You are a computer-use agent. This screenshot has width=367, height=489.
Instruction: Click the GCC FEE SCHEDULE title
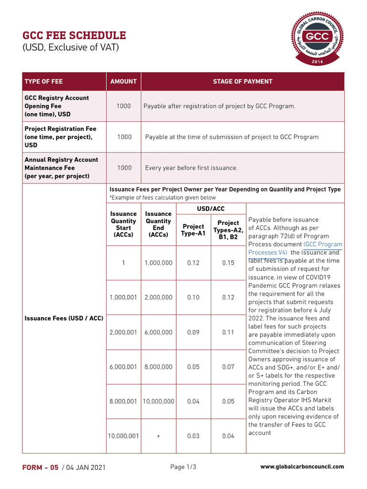[x=75, y=35]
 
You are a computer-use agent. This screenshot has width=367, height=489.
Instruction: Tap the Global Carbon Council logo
[x=317, y=38]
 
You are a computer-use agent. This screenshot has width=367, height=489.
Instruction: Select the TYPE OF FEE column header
[x=43, y=82]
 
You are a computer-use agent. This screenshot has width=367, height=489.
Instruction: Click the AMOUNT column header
[x=123, y=82]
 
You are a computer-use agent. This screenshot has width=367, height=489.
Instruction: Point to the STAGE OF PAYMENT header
[x=242, y=82]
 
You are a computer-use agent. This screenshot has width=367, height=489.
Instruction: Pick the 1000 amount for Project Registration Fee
[x=124, y=137]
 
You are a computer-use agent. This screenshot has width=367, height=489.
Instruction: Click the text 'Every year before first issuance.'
[x=191, y=168]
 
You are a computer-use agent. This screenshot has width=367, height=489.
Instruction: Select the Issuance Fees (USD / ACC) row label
[x=64, y=318]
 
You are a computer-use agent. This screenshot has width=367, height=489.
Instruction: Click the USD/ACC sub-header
[x=211, y=209]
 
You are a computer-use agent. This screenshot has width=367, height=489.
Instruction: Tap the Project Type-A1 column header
[x=193, y=230]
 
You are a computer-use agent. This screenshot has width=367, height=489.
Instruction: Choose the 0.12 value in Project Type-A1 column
[x=193, y=263]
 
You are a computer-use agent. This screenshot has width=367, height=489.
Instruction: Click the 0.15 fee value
[x=228, y=263]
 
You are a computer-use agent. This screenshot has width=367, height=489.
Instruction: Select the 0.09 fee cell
[x=193, y=332]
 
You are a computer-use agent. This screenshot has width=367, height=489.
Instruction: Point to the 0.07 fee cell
[x=228, y=367]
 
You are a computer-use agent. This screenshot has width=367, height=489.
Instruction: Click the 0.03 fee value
[x=193, y=436]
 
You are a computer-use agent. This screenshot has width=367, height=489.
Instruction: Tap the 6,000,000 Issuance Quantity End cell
[x=158, y=332]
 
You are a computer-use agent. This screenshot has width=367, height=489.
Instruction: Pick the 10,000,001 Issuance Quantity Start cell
[x=123, y=436]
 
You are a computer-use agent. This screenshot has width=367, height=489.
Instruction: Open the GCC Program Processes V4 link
[x=294, y=248]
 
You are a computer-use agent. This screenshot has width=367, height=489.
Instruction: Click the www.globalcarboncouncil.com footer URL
[x=302, y=467]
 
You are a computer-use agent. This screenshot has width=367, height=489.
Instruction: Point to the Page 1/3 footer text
[x=183, y=467]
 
